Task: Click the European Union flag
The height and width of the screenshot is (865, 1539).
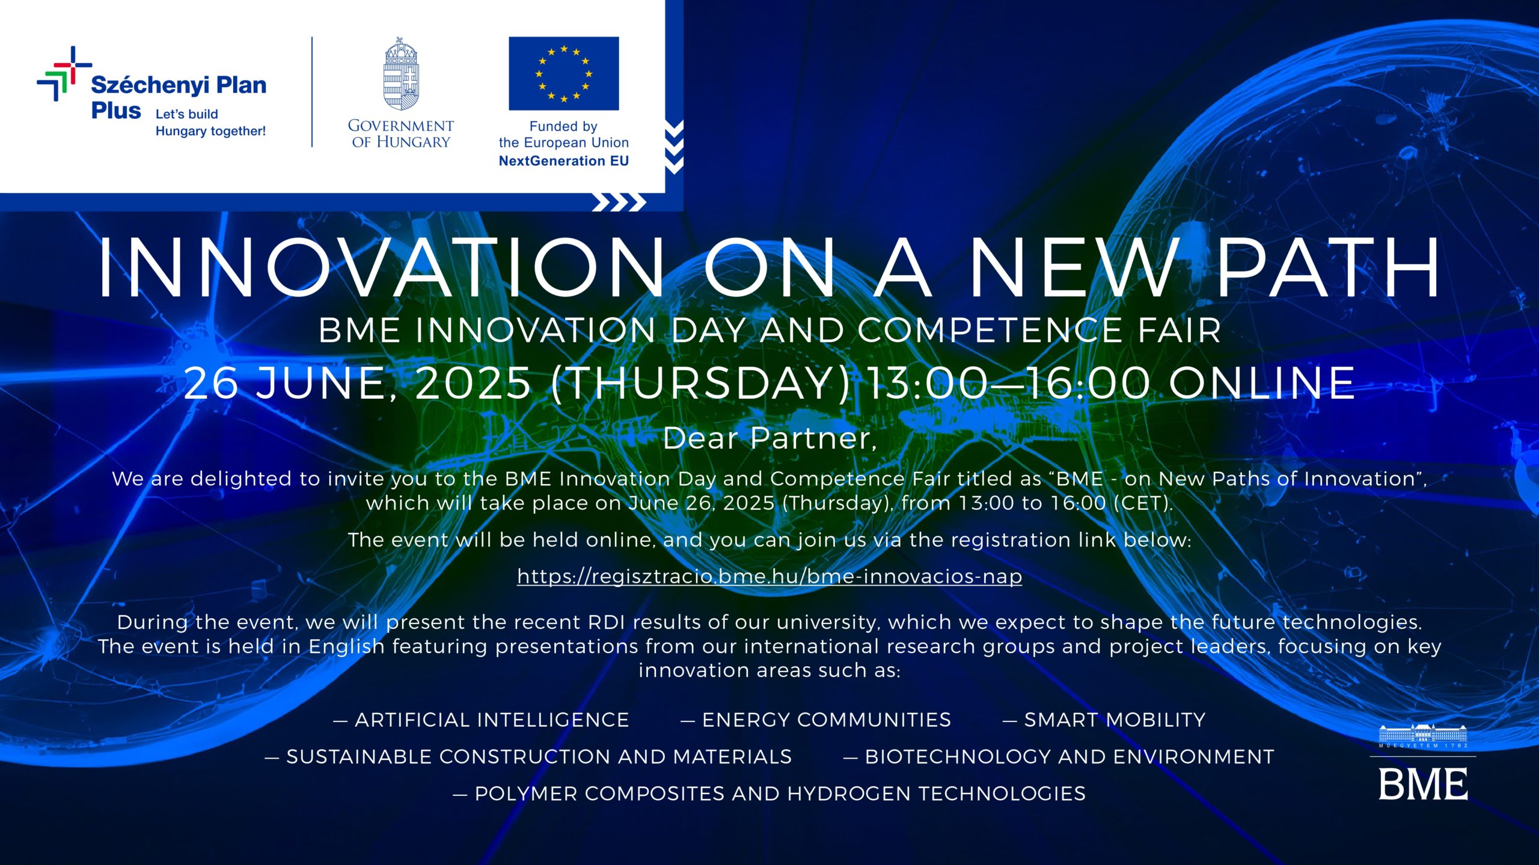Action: tap(563, 73)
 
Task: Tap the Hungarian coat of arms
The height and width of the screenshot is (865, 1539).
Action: tap(401, 74)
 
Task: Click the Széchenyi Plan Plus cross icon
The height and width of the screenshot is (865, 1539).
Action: tap(64, 73)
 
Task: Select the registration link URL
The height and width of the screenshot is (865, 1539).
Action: tap(769, 577)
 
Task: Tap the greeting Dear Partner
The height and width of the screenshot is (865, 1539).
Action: tap(769, 438)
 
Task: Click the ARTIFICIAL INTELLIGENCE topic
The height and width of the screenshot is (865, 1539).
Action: tap(481, 720)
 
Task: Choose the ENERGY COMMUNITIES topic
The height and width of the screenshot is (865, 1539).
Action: tap(816, 720)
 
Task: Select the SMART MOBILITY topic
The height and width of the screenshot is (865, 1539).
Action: tap(1104, 720)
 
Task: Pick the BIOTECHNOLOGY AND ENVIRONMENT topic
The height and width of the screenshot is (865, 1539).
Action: tap(1059, 757)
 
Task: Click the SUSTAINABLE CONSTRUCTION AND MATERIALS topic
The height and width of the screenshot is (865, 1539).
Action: tap(528, 757)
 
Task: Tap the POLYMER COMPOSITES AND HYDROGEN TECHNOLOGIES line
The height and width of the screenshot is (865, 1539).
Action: tap(769, 794)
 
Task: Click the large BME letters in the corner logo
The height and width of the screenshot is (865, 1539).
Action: tap(1423, 784)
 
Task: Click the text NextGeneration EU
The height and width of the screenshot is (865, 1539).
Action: tap(564, 161)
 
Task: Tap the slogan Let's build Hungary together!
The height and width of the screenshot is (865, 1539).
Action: tap(210, 123)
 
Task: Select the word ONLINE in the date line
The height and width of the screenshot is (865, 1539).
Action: tap(1262, 383)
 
